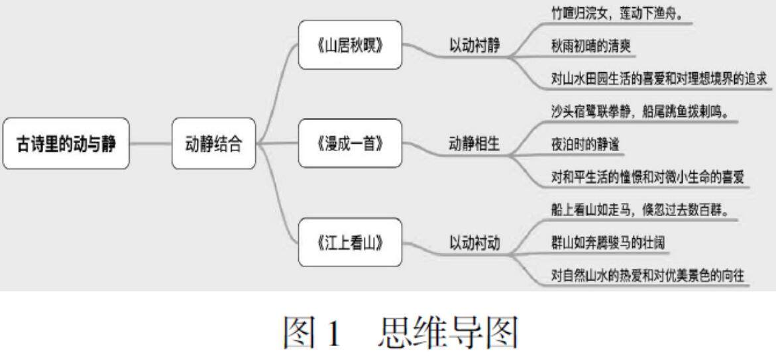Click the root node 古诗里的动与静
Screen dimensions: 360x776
pos(66,144)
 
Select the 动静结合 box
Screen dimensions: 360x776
pos(214,144)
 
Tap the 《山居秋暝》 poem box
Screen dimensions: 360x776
pos(349,45)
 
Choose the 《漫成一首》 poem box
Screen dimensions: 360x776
pos(349,143)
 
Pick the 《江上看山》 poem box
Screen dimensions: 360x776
pos(349,242)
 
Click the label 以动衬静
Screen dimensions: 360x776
pos(474,46)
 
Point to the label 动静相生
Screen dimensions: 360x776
pos(474,144)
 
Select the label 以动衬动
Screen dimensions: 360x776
pos(474,243)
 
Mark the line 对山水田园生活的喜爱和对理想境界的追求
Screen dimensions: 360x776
pos(659,78)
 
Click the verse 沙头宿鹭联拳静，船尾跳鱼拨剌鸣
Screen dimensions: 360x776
pos(640,111)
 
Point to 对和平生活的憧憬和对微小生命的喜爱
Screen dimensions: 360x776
pos(647,177)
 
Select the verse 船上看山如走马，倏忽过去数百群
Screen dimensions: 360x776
pos(641,210)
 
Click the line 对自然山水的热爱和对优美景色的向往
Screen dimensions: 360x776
pos(647,275)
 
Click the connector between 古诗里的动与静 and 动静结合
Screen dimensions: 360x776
pos(150,144)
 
